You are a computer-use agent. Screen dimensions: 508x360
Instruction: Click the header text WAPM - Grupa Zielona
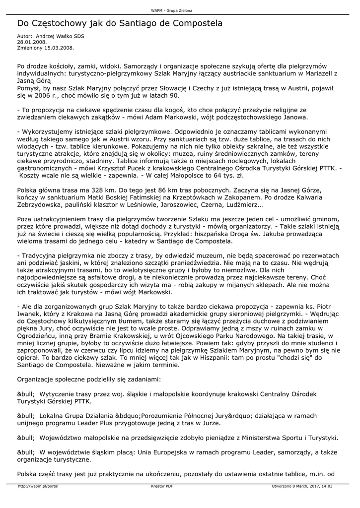[x=171, y=10]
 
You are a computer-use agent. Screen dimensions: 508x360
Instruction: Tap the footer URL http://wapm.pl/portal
[x=38, y=486]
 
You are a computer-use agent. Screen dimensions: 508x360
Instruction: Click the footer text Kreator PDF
[x=162, y=486]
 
